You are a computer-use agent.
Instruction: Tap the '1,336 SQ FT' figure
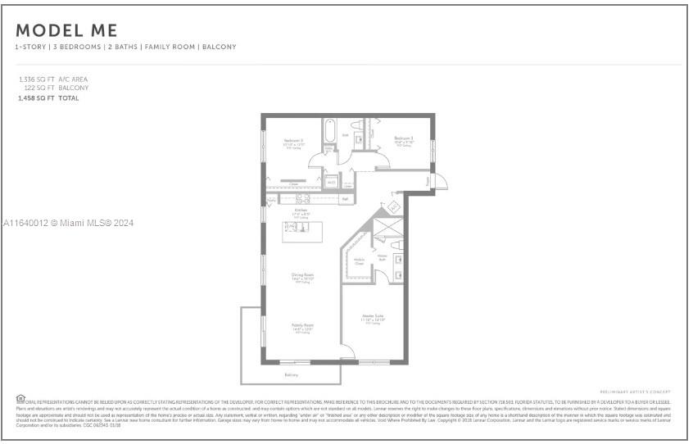coord(34,79)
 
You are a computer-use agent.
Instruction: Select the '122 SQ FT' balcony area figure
coord(38,88)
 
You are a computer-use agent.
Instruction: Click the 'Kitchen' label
coord(301,211)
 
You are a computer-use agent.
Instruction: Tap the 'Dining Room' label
coord(302,275)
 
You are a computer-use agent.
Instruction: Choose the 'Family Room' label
coord(302,325)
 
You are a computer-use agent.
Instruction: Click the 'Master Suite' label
coord(374,315)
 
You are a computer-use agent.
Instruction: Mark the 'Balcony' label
coord(291,375)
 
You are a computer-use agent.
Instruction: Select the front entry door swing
coord(439,182)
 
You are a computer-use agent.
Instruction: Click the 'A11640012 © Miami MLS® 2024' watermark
coord(68,223)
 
